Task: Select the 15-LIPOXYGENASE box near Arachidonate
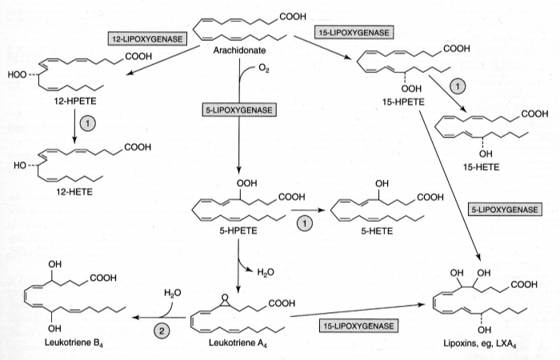353,32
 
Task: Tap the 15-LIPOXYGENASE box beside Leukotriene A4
358,326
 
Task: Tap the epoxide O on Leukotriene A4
227,293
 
